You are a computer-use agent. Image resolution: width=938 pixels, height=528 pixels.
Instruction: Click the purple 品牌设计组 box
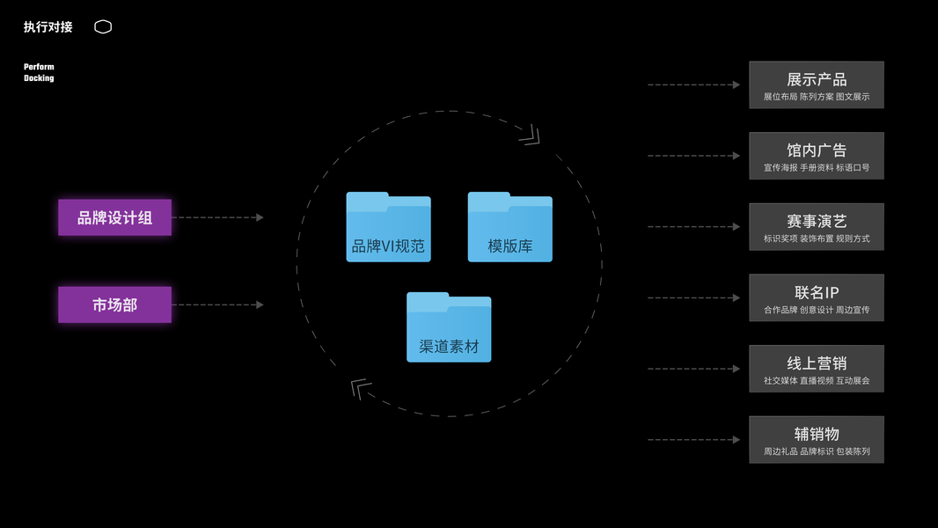pyautogui.click(x=114, y=217)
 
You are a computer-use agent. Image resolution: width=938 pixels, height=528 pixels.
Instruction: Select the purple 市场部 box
pyautogui.click(x=114, y=304)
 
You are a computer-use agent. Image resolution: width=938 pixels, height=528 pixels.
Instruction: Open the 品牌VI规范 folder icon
pyautogui.click(x=388, y=227)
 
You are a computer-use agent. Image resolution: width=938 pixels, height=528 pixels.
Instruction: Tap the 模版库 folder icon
pyautogui.click(x=509, y=227)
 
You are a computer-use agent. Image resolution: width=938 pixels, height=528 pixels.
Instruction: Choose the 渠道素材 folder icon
pyautogui.click(x=449, y=327)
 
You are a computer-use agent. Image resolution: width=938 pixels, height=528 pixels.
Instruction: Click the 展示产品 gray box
pyautogui.click(x=816, y=85)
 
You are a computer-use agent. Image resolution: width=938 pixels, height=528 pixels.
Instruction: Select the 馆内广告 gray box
pyautogui.click(x=816, y=156)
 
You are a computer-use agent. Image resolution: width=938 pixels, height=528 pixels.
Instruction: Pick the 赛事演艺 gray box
pyautogui.click(x=816, y=227)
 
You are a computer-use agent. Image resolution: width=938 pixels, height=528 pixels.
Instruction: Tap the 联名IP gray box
pyautogui.click(x=816, y=297)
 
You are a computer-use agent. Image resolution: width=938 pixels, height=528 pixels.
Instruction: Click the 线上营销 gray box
pyautogui.click(x=816, y=369)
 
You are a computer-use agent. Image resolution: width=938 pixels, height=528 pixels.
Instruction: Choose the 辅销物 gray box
pyautogui.click(x=816, y=439)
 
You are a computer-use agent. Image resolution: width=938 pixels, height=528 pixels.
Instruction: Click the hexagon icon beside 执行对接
pyautogui.click(x=103, y=27)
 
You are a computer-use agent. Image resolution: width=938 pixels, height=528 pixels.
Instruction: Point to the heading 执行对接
pyautogui.click(x=48, y=27)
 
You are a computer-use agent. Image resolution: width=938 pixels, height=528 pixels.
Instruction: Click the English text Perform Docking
pyautogui.click(x=39, y=72)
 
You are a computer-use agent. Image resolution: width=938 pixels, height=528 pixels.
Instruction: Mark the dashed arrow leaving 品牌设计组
pyautogui.click(x=218, y=217)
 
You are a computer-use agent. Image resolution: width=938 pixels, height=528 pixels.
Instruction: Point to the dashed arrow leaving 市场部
pyautogui.click(x=218, y=304)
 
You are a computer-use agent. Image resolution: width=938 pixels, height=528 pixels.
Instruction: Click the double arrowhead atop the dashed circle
pyautogui.click(x=530, y=136)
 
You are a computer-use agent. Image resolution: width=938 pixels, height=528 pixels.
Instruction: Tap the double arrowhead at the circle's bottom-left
pyautogui.click(x=361, y=388)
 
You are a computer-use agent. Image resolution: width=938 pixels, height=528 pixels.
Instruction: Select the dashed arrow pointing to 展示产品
pyautogui.click(x=693, y=85)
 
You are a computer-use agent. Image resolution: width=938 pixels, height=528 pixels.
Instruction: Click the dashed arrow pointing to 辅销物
pyautogui.click(x=693, y=439)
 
